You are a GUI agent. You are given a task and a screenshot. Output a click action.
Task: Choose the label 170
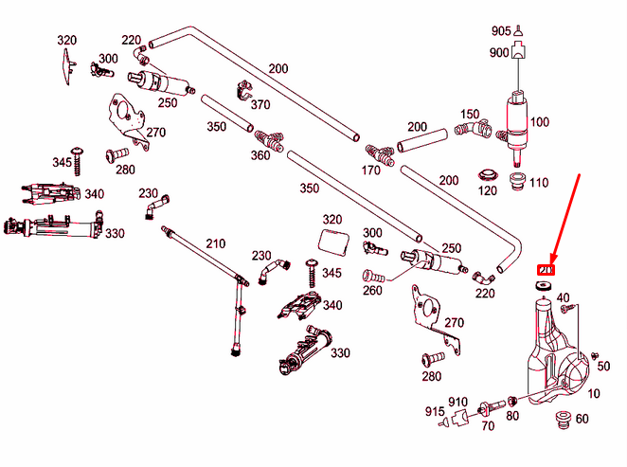pyautogui.click(x=372, y=172)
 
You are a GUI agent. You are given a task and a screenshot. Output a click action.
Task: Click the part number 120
pyautogui.click(x=488, y=191)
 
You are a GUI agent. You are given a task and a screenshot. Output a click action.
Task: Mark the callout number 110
pyautogui.click(x=539, y=183)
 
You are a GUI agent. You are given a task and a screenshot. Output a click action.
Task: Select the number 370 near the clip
pyautogui.click(x=259, y=104)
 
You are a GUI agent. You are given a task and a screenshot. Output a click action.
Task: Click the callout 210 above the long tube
pyautogui.click(x=215, y=244)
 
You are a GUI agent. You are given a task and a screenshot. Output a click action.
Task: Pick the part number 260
pyautogui.click(x=372, y=291)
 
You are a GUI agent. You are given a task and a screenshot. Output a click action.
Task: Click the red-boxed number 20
pyautogui.click(x=546, y=271)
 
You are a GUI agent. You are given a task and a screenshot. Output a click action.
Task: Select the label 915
pyautogui.click(x=436, y=412)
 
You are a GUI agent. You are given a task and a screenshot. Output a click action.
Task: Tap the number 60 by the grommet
pyautogui.click(x=582, y=419)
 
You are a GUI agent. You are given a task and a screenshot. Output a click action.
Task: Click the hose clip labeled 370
pyautogui.click(x=242, y=92)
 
